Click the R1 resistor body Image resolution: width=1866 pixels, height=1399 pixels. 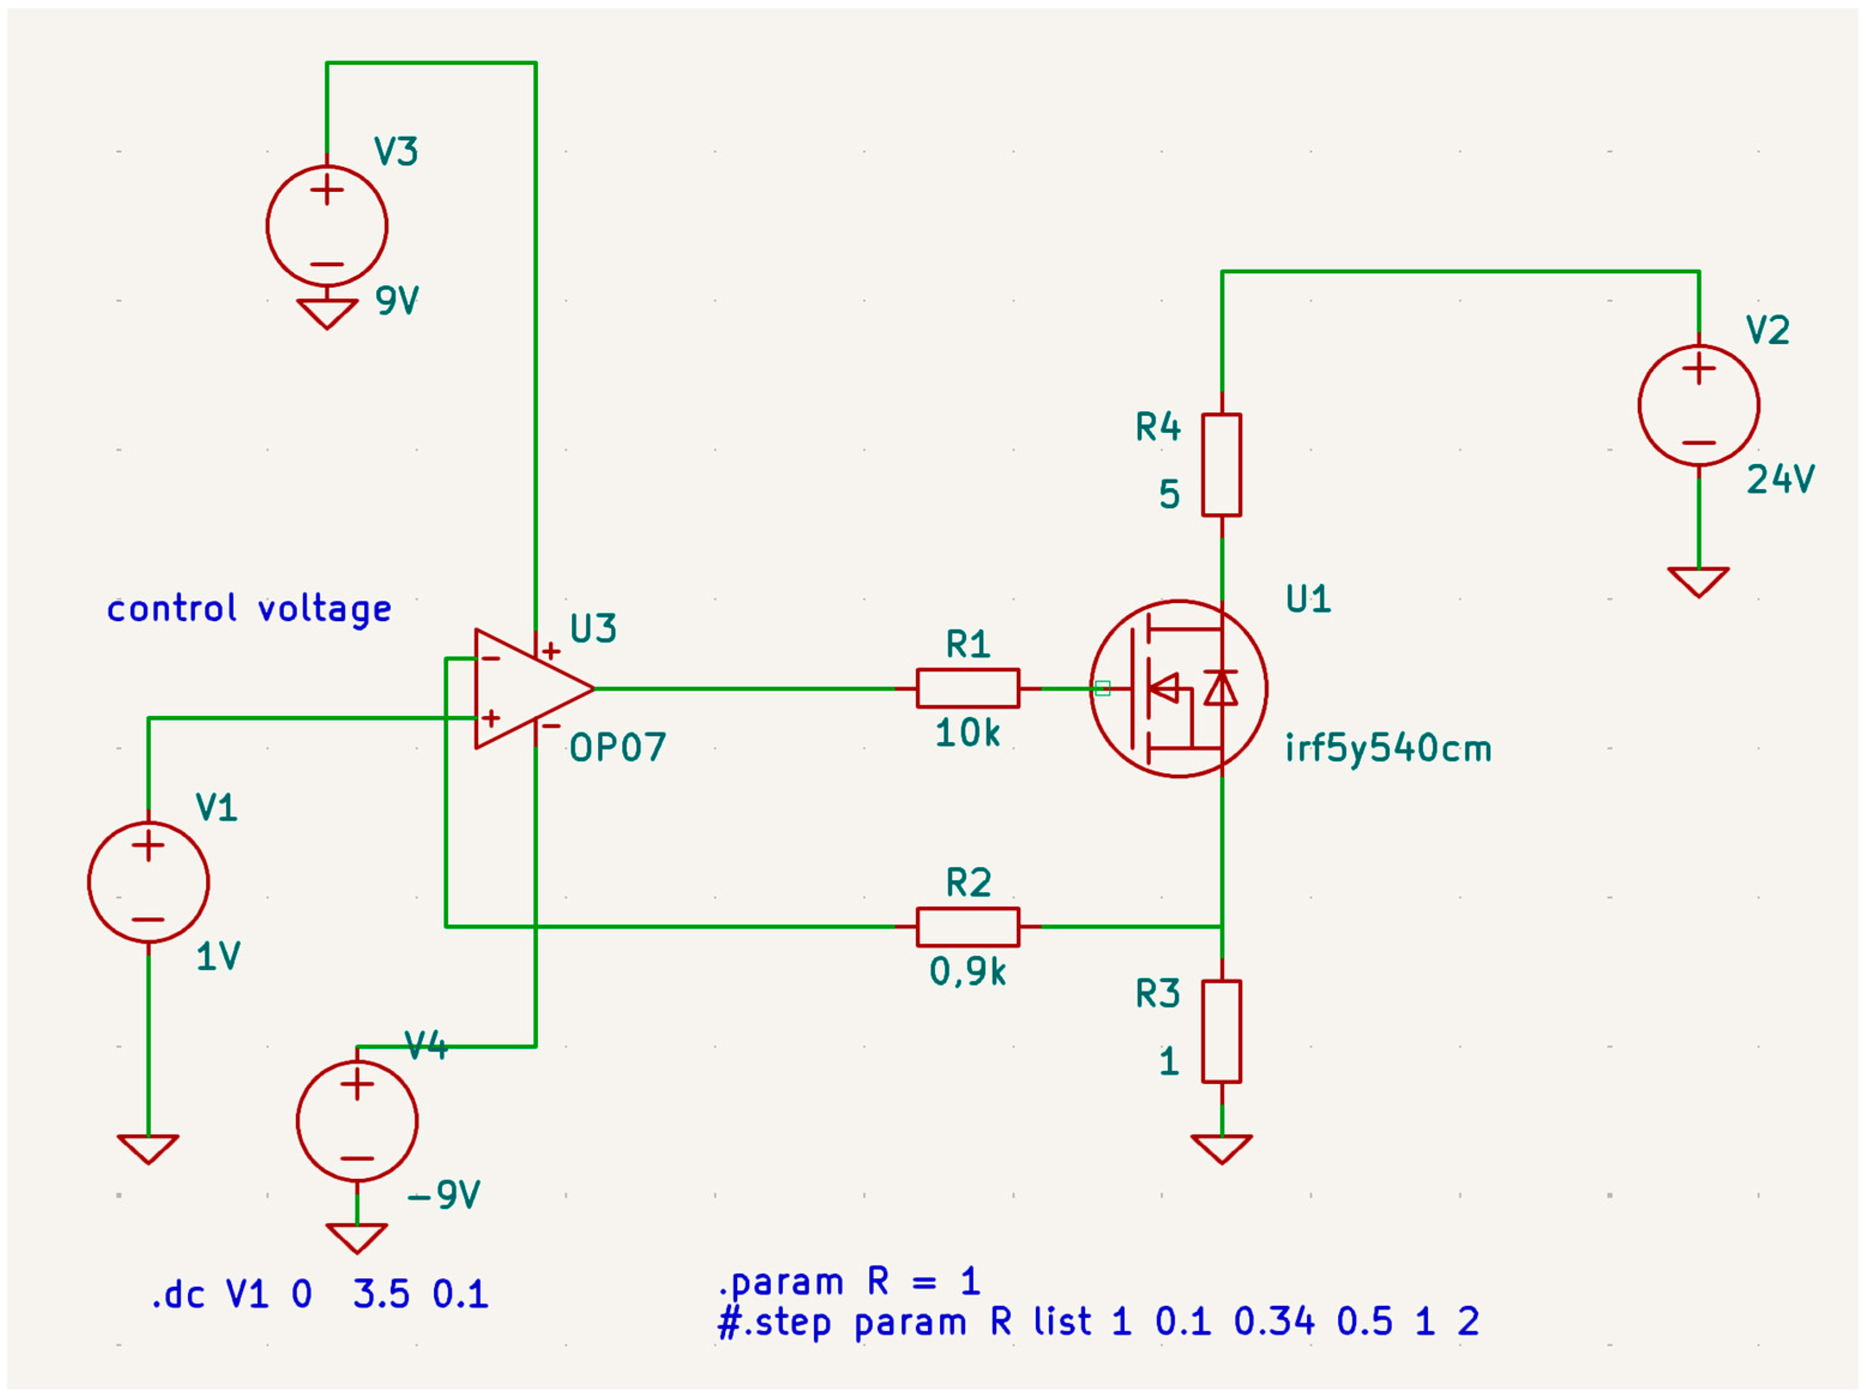click(968, 688)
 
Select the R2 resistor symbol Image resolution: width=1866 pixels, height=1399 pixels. click(968, 927)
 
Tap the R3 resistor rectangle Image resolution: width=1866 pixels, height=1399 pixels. click(1221, 1032)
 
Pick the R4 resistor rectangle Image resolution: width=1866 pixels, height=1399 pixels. click(1221, 465)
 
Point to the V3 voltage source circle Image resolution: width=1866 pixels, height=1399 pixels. click(326, 226)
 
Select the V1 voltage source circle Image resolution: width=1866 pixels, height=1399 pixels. click(149, 882)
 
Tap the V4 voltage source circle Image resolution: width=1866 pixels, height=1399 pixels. click(357, 1121)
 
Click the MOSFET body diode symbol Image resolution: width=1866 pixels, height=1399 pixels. click(1221, 688)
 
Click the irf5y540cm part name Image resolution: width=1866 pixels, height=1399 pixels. click(1388, 749)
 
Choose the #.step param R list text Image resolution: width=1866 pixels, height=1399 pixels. click(1097, 1322)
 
